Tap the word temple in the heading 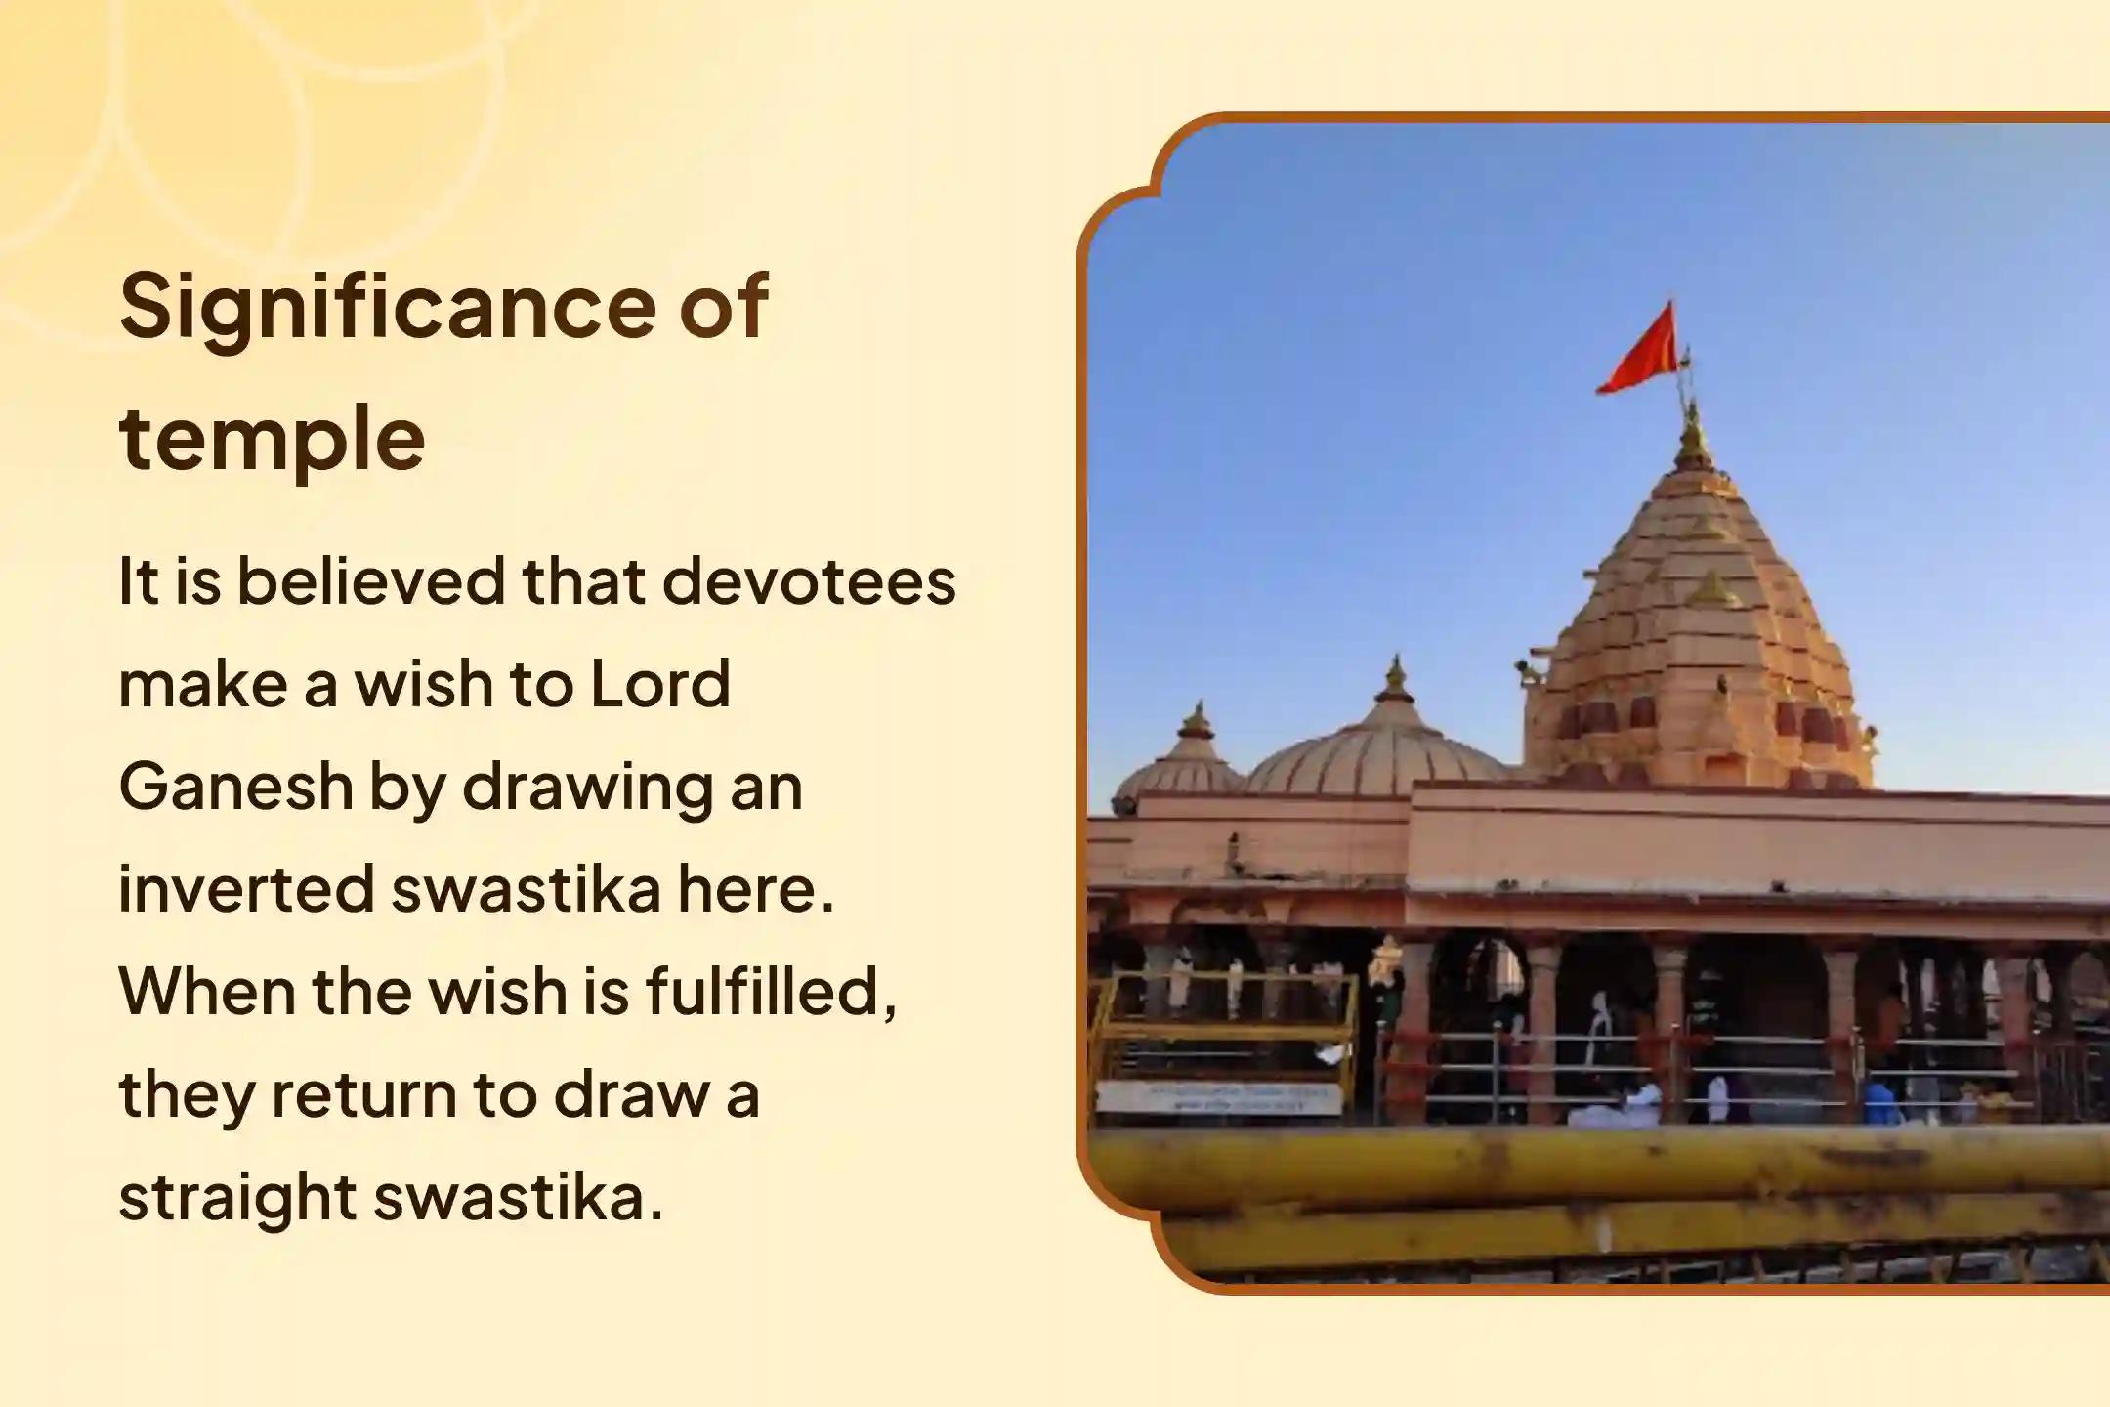click(273, 439)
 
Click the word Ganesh click(235, 787)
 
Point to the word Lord click(660, 684)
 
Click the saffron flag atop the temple click(1637, 351)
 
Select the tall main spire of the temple click(1698, 625)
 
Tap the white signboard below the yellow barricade click(1220, 1097)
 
